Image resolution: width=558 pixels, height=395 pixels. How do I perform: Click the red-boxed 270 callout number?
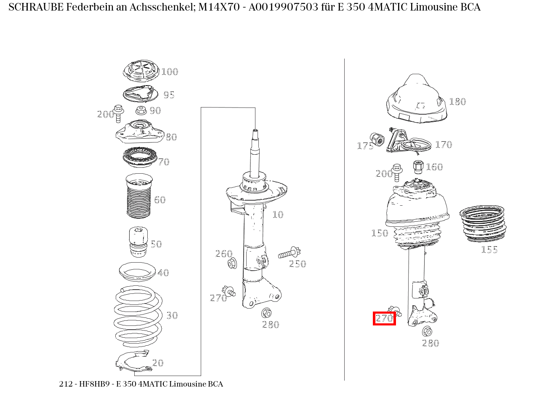(384, 318)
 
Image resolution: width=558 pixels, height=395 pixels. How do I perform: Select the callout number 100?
(170, 72)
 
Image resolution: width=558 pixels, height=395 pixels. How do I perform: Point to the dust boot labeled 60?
(139, 196)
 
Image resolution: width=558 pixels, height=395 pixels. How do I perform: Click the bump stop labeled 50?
(138, 242)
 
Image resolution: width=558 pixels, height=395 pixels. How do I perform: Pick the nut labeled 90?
(141, 110)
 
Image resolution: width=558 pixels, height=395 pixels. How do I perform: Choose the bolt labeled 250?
(289, 253)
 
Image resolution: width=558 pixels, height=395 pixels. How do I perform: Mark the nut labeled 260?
(232, 263)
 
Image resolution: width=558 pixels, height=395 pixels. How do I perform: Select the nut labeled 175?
(377, 140)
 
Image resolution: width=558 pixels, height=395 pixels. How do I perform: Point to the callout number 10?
(278, 215)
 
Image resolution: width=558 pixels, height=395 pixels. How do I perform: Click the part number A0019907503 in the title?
(283, 7)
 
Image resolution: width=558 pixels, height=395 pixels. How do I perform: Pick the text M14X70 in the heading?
(219, 7)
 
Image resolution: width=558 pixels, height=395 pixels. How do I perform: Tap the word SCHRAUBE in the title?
(36, 7)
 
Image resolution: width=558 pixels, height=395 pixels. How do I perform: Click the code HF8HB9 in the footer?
(94, 384)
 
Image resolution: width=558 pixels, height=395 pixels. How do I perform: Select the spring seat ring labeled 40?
(137, 272)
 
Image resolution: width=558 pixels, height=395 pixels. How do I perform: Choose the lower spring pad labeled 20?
(134, 362)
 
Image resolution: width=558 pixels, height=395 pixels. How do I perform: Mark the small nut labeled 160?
(418, 167)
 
